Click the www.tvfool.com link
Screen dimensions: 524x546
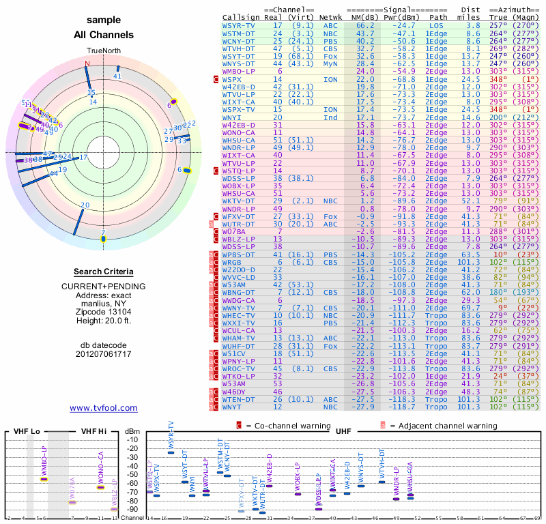(103, 408)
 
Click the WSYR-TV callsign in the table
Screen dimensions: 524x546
(238, 25)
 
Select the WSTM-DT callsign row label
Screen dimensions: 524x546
(238, 33)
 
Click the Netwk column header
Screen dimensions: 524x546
(334, 17)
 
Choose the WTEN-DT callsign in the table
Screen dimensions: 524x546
(238, 399)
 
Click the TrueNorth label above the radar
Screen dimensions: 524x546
(103, 51)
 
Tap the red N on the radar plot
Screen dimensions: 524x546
(87, 64)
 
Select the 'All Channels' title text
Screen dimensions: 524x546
(103, 35)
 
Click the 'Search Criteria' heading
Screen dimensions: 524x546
(103, 272)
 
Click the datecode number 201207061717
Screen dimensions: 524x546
(103, 353)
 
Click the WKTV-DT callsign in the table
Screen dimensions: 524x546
(238, 201)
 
